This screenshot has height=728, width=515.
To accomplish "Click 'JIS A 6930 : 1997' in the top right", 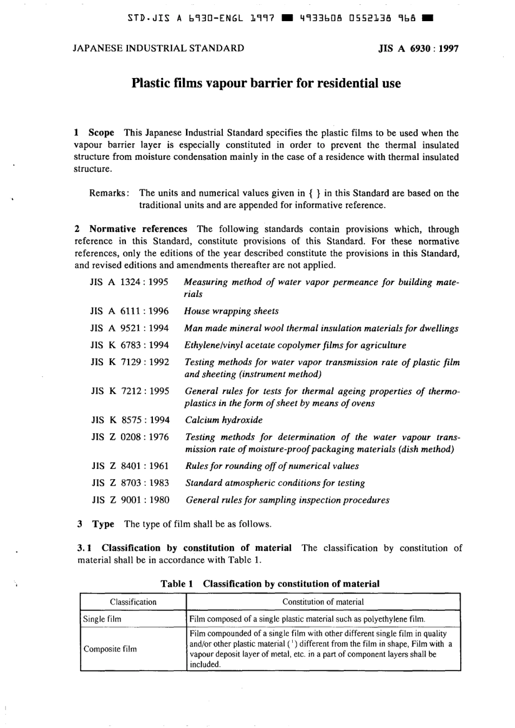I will [419, 48].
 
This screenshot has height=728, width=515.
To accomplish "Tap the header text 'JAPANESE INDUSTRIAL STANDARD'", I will [158, 48].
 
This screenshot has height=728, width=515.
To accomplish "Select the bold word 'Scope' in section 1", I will [101, 133].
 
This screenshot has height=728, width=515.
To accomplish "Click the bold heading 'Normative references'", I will [138, 229].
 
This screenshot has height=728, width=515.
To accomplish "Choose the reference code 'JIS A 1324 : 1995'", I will [130, 282].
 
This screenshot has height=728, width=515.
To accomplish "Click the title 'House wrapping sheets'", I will [231, 311].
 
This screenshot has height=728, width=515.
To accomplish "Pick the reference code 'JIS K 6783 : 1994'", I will [130, 345].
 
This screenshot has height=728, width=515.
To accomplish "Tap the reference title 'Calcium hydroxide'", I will [224, 420].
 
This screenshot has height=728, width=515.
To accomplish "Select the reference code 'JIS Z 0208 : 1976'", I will [130, 437].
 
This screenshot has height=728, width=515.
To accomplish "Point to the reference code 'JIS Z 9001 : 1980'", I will [130, 500].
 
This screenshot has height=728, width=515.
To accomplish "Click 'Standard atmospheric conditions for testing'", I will [275, 483].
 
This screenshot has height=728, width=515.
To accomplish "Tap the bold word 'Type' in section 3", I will [103, 524].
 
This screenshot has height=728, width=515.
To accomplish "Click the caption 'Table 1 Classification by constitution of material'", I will [270, 584].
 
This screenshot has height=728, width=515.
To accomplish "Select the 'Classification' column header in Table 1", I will [133, 602].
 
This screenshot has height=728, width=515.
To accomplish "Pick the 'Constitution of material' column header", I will [323, 602].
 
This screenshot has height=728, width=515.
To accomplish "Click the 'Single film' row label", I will [102, 619].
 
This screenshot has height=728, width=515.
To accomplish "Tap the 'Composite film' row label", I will [110, 649].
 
